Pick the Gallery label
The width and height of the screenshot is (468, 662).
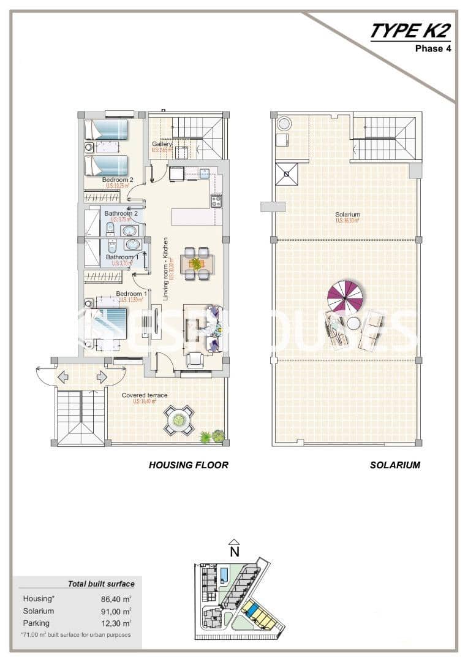click(x=162, y=145)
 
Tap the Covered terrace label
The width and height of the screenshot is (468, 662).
click(x=145, y=395)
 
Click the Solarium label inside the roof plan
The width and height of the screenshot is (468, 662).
click(x=347, y=215)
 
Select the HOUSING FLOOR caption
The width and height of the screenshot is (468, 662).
click(x=188, y=465)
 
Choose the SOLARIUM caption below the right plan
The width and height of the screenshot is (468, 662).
click(x=395, y=465)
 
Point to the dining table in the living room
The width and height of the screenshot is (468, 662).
click(x=196, y=264)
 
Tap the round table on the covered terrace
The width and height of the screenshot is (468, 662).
click(x=179, y=420)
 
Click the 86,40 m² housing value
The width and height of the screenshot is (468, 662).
click(x=116, y=599)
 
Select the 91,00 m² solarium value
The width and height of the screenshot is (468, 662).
click(x=116, y=611)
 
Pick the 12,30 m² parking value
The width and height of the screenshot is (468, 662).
click(x=116, y=623)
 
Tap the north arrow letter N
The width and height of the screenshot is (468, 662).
click(x=234, y=551)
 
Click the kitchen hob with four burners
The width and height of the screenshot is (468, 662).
click(x=216, y=200)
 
